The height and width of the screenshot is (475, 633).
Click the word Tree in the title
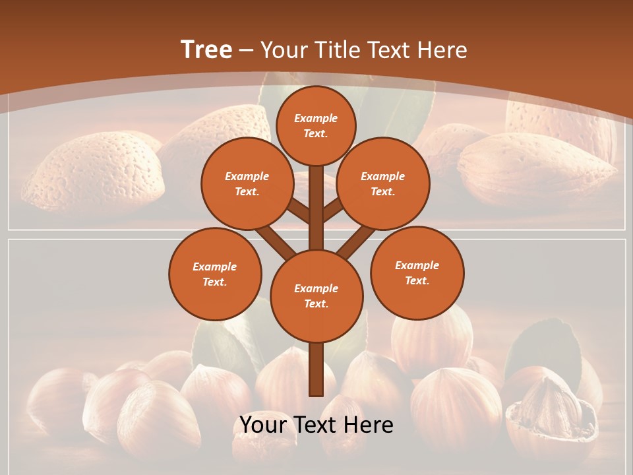click(206, 49)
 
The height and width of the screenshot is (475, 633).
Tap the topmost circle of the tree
click(316, 125)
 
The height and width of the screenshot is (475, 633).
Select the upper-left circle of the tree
click(247, 183)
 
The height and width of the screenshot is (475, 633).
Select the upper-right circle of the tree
click(383, 183)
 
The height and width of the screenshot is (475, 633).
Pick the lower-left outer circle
click(215, 274)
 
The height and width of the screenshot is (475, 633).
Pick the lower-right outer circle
click(417, 272)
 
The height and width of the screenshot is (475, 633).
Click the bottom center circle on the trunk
click(316, 296)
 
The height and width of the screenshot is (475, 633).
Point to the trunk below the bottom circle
click(316, 369)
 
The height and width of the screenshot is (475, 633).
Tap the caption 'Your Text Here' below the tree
click(316, 425)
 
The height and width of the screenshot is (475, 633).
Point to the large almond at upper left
click(92, 172)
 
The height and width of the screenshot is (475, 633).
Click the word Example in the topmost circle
click(316, 118)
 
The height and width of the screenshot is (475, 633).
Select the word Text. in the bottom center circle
click(316, 303)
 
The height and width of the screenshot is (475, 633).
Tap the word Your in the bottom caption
click(262, 425)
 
